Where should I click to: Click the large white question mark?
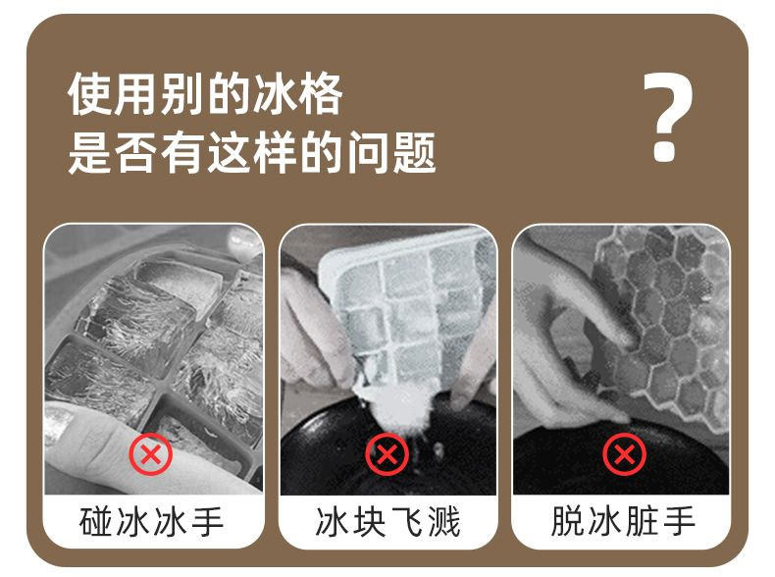pyautogui.click(x=667, y=117)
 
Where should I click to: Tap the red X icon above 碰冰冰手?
pyautogui.click(x=151, y=454)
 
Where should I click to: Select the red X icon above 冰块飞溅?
pyautogui.click(x=387, y=454)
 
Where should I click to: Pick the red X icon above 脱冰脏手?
pyautogui.click(x=624, y=454)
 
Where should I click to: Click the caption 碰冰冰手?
pyautogui.click(x=151, y=521)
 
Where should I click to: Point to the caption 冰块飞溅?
pyautogui.click(x=387, y=521)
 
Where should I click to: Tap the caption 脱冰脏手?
pyautogui.click(x=623, y=521)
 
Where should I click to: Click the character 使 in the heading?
pyautogui.click(x=89, y=94)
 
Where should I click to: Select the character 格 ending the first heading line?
pyautogui.click(x=321, y=94)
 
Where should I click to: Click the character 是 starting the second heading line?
pyautogui.click(x=89, y=152)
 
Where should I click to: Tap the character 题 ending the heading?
pyautogui.click(x=414, y=152)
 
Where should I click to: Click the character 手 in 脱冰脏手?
pyautogui.click(x=679, y=521)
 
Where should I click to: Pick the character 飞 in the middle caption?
pyautogui.click(x=406, y=521)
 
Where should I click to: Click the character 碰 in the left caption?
pyautogui.click(x=96, y=521)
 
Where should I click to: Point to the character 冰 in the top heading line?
pyautogui.click(x=275, y=94)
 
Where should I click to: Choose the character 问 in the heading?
pyautogui.click(x=368, y=152)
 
